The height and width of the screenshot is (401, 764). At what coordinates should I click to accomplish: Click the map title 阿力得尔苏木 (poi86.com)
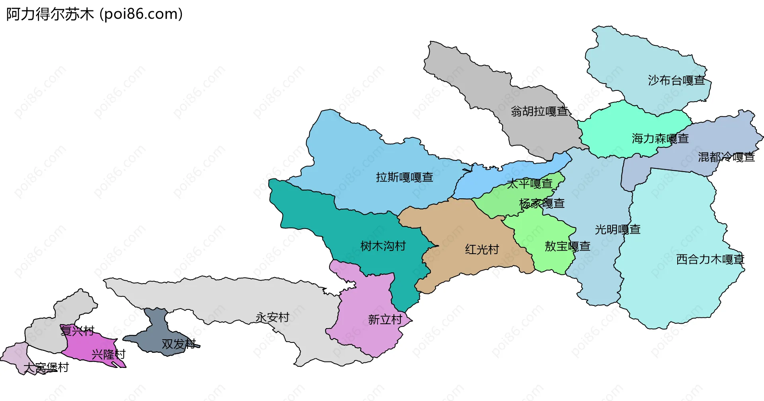coord(94,14)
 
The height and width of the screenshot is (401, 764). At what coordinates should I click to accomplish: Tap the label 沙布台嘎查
coord(676,80)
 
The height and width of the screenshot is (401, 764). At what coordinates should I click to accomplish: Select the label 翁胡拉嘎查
coord(539,111)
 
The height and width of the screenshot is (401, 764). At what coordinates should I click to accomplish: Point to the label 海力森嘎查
coord(660,139)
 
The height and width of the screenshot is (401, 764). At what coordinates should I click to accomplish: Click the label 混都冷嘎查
coord(726,157)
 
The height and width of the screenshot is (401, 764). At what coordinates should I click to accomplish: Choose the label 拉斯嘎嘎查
coord(404,177)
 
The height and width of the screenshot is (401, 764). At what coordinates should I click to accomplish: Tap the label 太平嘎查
coord(529,184)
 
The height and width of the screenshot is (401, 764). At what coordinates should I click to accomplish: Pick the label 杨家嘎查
coord(542,203)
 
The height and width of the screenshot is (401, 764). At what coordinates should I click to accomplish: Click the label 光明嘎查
coord(618,229)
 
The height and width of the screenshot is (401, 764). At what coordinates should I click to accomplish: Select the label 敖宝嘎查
coord(567,246)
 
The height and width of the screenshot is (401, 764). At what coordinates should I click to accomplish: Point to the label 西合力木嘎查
coord(710,260)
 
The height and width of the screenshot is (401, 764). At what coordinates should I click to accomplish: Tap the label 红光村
coord(482,250)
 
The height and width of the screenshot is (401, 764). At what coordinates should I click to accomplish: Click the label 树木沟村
coord(383,246)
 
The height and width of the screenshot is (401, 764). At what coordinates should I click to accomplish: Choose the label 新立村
coord(385,319)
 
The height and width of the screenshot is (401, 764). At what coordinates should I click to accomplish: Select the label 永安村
coord(272,317)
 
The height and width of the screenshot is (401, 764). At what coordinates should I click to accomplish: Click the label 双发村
coord(179,344)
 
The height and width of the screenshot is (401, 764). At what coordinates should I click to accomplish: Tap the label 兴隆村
coord(108,354)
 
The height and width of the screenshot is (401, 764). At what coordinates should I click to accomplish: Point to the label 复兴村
coord(77,331)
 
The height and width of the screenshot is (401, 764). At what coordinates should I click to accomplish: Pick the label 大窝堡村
coord(46,367)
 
